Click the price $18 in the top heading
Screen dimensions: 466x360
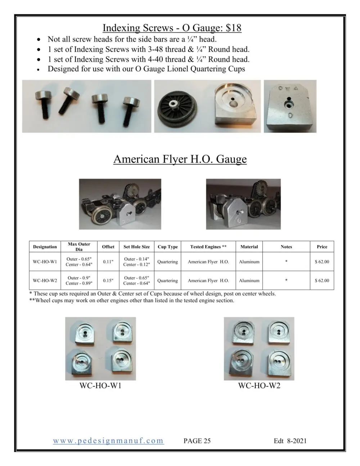pyautogui.click(x=231, y=28)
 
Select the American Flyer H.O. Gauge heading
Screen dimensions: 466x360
pyautogui.click(x=180, y=159)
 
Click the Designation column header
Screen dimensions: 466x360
pyautogui.click(x=45, y=247)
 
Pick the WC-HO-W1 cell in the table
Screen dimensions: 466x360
pyautogui.click(x=45, y=262)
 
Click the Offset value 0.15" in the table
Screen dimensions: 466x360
pyautogui.click(x=108, y=281)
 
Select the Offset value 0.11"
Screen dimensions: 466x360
pyautogui.click(x=108, y=262)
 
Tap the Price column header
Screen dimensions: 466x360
pyautogui.click(x=322, y=247)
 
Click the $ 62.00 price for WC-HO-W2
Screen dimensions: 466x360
pyautogui.click(x=322, y=281)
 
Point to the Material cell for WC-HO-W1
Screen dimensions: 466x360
pyautogui.click(x=249, y=262)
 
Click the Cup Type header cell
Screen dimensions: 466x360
pyautogui.click(x=168, y=247)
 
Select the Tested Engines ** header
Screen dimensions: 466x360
pyautogui.click(x=208, y=247)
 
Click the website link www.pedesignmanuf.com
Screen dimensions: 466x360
pyautogui.click(x=108, y=441)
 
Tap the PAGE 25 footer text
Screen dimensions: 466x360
pyautogui.click(x=197, y=441)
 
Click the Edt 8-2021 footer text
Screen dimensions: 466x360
pyautogui.click(x=290, y=441)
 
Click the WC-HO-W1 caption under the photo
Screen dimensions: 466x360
pyautogui.click(x=100, y=386)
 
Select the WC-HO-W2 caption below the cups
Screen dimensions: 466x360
pyautogui.click(x=259, y=386)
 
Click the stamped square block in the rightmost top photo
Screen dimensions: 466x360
pyautogui.click(x=290, y=107)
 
